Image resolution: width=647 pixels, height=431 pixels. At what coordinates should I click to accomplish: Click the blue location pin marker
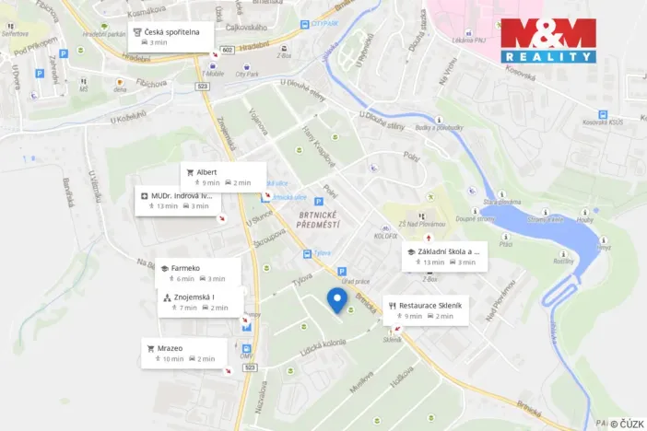(337, 300)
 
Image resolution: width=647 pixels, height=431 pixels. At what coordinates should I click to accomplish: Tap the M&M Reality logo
(547, 41)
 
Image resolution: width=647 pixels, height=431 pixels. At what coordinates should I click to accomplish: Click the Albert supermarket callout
(222, 176)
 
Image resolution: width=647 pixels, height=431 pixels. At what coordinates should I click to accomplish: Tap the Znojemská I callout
(199, 301)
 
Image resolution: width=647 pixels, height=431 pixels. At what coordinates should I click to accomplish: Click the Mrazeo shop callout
(184, 353)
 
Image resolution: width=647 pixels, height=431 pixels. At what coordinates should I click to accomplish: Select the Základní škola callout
(443, 256)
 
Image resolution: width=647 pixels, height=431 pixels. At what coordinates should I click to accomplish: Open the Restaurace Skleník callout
(427, 309)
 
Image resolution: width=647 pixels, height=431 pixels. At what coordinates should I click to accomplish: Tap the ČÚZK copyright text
(626, 423)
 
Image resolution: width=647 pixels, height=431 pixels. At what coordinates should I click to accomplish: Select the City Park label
(246, 74)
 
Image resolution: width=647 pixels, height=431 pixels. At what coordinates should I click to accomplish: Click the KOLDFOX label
(384, 237)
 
